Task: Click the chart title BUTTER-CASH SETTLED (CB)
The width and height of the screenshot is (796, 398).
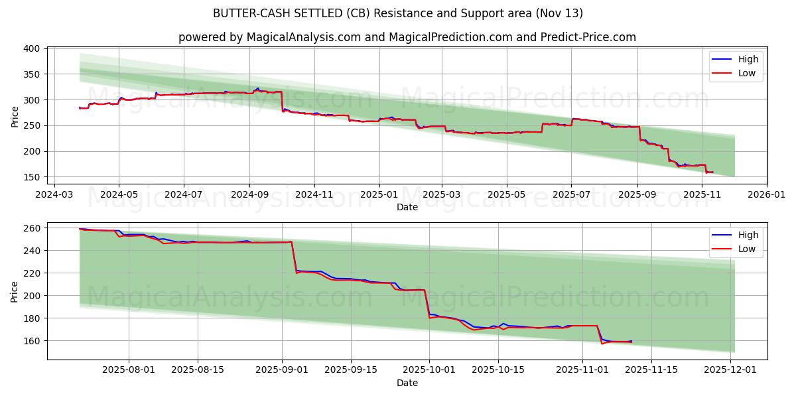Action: pyautogui.click(x=398, y=13)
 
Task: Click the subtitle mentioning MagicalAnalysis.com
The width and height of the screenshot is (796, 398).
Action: pyautogui.click(x=407, y=37)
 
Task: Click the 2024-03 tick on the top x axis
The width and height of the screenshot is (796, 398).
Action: pyautogui.click(x=54, y=194)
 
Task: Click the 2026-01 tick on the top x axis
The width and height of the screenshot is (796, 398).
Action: pyautogui.click(x=766, y=194)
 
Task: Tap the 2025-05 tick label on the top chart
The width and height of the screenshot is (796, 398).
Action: pyautogui.click(x=507, y=194)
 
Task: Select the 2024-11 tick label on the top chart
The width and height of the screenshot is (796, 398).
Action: pyautogui.click(x=314, y=194)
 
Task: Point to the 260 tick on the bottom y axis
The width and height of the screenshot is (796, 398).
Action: pyautogui.click(x=33, y=228)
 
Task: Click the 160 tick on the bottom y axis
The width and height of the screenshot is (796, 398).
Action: pyautogui.click(x=33, y=341)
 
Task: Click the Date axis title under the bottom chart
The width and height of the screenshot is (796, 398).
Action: pyautogui.click(x=407, y=383)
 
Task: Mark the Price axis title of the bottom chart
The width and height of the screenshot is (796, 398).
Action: pyautogui.click(x=15, y=291)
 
